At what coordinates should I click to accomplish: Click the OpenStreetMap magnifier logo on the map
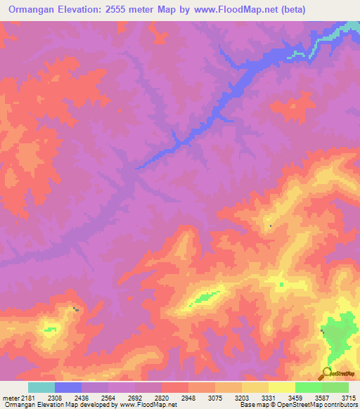point(327,372)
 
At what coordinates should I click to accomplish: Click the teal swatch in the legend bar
point(41,387)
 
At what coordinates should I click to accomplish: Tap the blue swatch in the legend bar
point(67,387)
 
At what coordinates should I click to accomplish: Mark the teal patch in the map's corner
point(349,27)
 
